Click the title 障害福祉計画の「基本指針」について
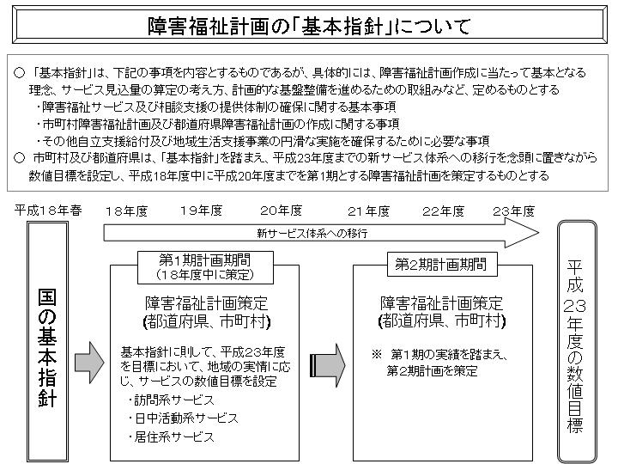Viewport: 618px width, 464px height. [309, 26]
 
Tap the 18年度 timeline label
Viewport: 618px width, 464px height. [126, 211]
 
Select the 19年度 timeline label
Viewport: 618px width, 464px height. [201, 211]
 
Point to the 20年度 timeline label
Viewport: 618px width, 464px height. [281, 211]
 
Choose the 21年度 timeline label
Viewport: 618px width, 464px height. [368, 211]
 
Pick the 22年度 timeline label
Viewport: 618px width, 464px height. [444, 211]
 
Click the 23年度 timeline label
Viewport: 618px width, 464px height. [513, 211]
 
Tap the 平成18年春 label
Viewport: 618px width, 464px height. [48, 211]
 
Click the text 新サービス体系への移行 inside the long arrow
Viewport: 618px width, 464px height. [312, 234]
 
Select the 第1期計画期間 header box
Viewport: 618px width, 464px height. [205, 267]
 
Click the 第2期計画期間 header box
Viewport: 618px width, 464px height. [442, 264]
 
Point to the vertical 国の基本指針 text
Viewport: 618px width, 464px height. [47, 348]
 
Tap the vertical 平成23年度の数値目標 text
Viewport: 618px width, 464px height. [574, 346]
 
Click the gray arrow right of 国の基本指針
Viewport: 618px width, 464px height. [89, 363]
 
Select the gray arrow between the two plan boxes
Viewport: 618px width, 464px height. [328, 365]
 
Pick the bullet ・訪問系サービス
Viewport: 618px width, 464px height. [171, 400]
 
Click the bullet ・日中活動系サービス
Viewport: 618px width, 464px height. [183, 418]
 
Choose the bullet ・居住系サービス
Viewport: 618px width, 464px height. [171, 437]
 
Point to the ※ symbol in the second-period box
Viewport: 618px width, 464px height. [377, 354]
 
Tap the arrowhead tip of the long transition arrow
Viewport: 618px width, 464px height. [538, 233]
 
